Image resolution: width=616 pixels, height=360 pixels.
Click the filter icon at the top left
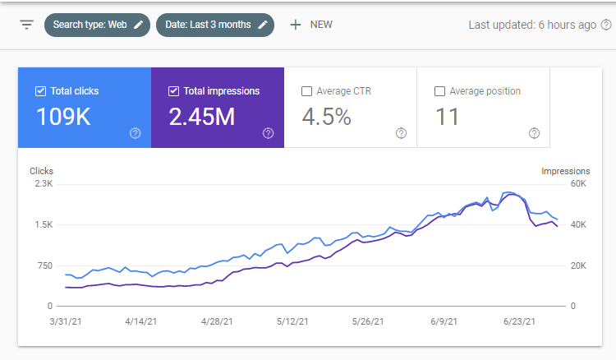27,25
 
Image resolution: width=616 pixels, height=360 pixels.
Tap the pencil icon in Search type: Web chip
138,25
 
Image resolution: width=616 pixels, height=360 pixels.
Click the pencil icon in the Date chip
263,25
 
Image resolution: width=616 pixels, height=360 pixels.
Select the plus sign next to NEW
296,25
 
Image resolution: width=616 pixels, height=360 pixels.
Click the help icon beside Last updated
607,25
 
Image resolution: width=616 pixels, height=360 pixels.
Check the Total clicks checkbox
40,91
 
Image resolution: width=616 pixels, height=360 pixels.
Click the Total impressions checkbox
173,91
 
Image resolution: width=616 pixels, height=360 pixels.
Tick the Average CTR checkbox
306,91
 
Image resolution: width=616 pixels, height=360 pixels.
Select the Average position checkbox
439,91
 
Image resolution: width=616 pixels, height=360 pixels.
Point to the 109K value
63,117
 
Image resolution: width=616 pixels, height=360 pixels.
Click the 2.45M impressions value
202,117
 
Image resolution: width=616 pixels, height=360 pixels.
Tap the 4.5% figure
326,117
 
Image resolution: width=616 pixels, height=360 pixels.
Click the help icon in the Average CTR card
401,133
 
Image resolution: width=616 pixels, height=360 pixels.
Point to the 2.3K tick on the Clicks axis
44,183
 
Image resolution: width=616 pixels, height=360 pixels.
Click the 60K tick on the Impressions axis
578,183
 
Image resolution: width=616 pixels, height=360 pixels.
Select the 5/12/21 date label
292,321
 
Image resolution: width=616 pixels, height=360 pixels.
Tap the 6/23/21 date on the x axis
519,321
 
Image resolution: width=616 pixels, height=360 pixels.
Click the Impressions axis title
566,171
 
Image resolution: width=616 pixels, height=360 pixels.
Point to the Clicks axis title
41,171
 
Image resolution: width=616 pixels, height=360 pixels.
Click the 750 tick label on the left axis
45,265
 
